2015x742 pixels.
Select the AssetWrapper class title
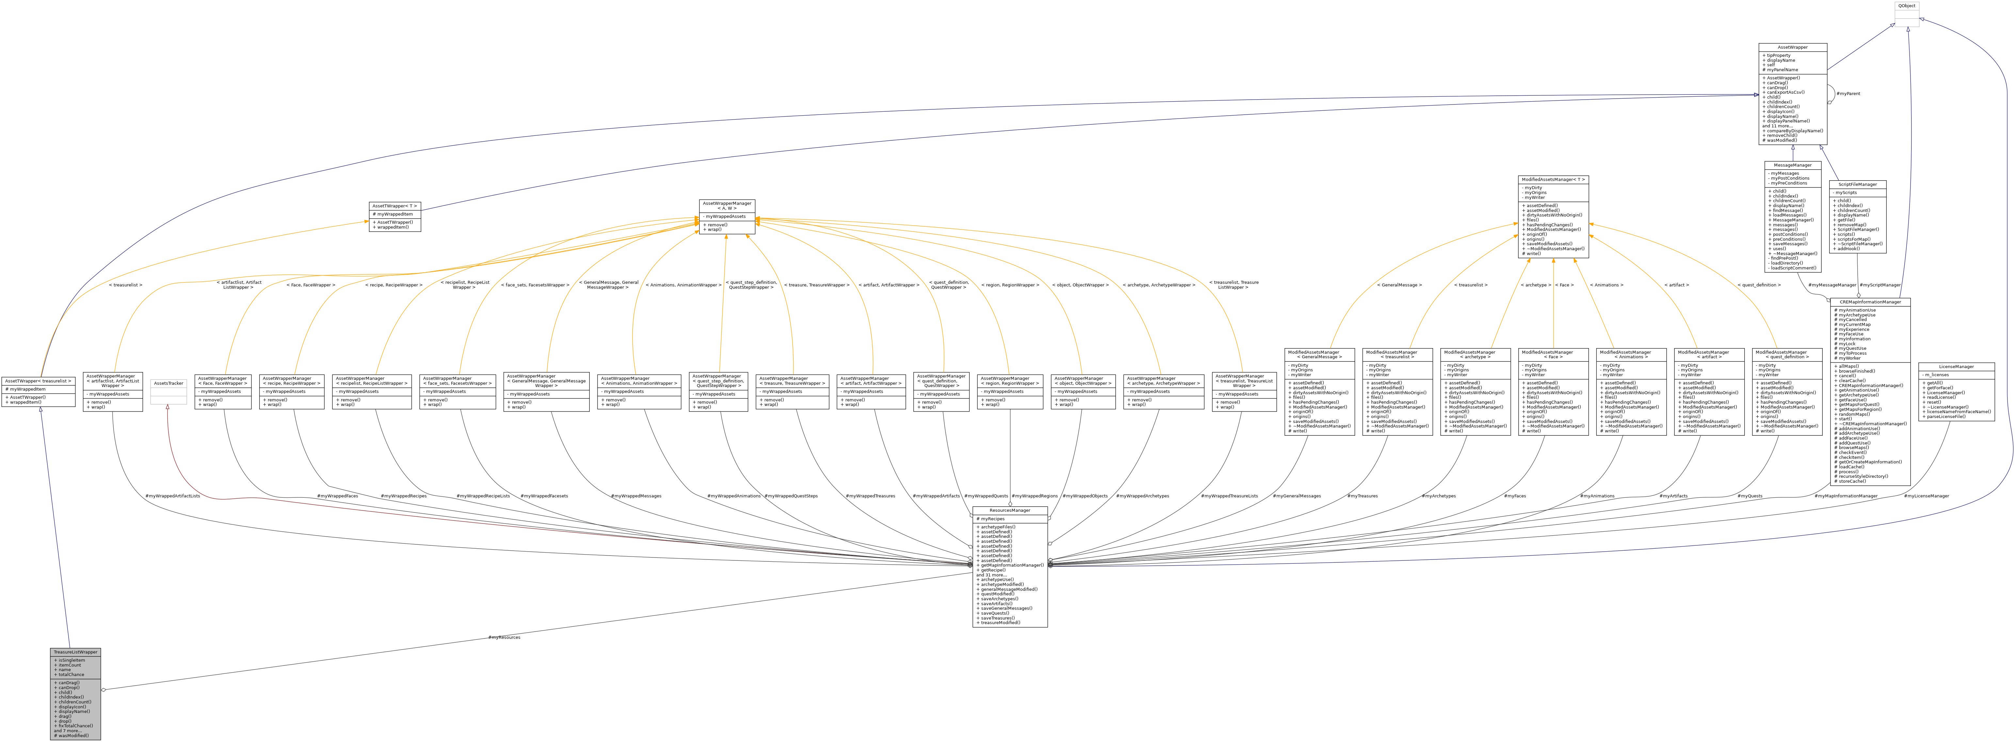(1793, 47)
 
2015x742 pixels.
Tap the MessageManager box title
(1792, 165)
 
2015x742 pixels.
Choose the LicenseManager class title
(1956, 366)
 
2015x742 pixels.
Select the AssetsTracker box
(168, 383)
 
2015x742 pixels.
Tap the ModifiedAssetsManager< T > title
(1554, 179)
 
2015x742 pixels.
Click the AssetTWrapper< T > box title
(395, 206)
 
